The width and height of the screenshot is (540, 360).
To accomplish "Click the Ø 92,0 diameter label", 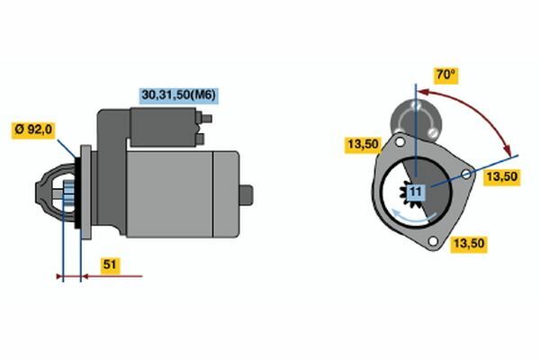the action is (33, 130).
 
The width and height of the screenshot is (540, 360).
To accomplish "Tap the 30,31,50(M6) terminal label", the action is (179, 95).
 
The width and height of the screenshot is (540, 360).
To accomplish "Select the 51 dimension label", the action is (110, 265).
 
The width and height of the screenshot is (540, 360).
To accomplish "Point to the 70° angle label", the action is (445, 75).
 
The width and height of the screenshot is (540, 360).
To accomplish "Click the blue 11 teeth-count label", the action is (416, 192).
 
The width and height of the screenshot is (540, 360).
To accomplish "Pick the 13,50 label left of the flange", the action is (364, 144).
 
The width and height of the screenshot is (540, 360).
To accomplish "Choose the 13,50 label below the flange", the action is (469, 244).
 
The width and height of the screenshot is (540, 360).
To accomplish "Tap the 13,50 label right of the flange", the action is (502, 177).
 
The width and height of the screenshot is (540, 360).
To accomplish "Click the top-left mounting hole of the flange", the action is (400, 141).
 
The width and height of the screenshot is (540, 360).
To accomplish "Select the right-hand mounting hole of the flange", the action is (465, 175).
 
